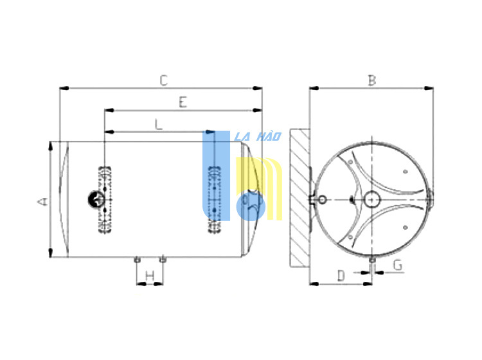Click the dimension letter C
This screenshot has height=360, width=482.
coord(163,80)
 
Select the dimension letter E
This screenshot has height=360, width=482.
coord(183,102)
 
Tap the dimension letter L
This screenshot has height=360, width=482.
coord(159,124)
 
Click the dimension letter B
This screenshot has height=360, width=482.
coord(372,80)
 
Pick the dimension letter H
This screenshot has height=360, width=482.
coord(150,276)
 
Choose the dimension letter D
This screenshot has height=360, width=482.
coord(341,276)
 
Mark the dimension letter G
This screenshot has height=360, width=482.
coord(398,265)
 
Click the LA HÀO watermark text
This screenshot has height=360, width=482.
coord(258,136)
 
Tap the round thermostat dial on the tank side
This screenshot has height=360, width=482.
coord(96,199)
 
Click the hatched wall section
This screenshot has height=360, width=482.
coord(300,197)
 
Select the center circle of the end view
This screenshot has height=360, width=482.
coord(372,199)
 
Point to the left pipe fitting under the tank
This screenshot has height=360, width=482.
coord(137,260)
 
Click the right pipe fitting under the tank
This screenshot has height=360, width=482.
coord(163,260)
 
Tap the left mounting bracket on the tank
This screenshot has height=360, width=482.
coord(105,199)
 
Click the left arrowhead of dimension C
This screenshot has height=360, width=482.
coord(64,89)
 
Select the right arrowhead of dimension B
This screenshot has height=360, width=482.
coord(429,89)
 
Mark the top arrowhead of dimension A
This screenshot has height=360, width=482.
coord(50,147)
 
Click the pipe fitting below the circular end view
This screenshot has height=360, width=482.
coord(372,260)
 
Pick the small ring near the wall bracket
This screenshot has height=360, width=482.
coord(322,199)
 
